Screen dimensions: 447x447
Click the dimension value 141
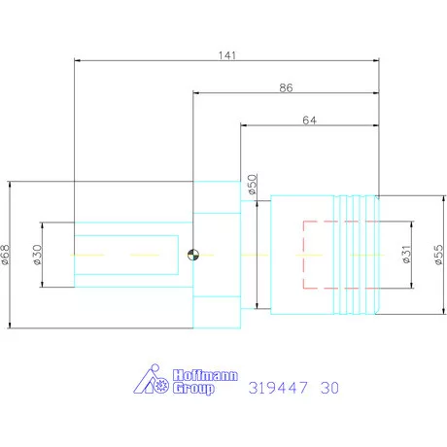pos(227,54)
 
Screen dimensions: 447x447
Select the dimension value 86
pos(286,87)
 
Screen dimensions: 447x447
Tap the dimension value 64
pos(310,120)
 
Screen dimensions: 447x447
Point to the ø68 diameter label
pos(7,255)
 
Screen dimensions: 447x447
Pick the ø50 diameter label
pos(252,185)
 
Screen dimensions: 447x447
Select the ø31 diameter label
pos(406,256)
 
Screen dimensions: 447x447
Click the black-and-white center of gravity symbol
pos(194,256)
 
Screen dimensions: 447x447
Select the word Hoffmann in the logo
pos(195,374)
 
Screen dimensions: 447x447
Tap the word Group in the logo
pos(192,389)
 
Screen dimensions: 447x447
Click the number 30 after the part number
pos(330,388)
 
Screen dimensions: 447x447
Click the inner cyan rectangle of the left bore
pos(126,255)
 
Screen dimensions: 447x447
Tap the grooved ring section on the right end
pos(357,255)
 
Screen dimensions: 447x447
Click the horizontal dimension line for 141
pos(146,63)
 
